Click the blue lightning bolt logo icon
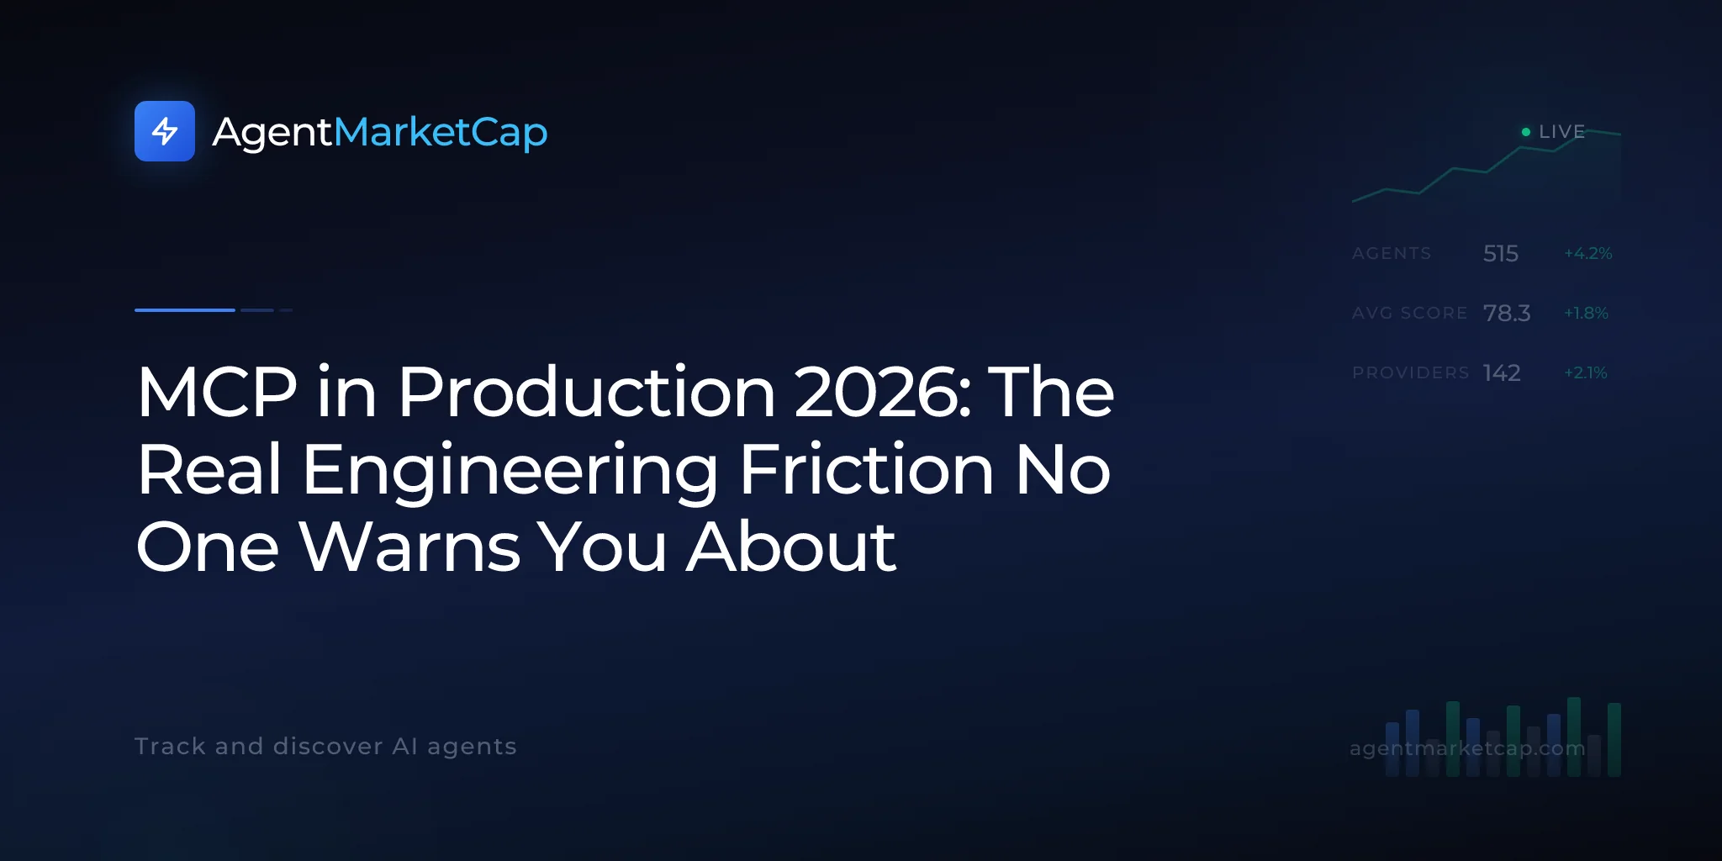click(165, 131)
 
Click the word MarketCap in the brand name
click(441, 133)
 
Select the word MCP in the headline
click(218, 392)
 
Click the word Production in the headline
click(587, 392)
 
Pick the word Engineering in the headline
click(510, 472)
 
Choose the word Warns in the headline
click(409, 547)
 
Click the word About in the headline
click(791, 547)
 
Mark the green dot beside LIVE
click(1526, 132)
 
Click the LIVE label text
click(1562, 132)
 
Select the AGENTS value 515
click(1501, 253)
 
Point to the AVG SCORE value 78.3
click(1507, 313)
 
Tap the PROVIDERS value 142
click(1502, 372)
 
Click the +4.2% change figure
click(1588, 253)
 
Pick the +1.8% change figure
click(1586, 313)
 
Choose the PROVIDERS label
click(1411, 372)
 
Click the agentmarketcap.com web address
click(1467, 748)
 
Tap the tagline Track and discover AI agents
click(325, 747)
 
